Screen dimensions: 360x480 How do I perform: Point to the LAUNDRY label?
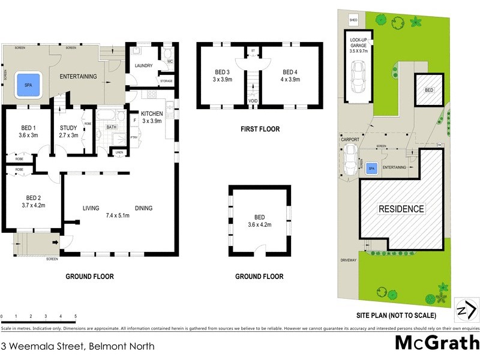click(144, 66)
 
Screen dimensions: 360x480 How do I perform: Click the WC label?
click(169, 62)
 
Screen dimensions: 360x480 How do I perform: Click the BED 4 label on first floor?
click(290, 75)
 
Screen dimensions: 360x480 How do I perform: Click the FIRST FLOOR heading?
click(260, 129)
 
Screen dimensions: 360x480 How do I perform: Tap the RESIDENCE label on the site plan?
click(401, 209)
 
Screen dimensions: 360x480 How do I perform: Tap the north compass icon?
click(466, 310)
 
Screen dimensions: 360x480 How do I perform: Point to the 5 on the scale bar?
click(76, 316)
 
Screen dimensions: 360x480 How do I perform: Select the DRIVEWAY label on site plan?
click(349, 260)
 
